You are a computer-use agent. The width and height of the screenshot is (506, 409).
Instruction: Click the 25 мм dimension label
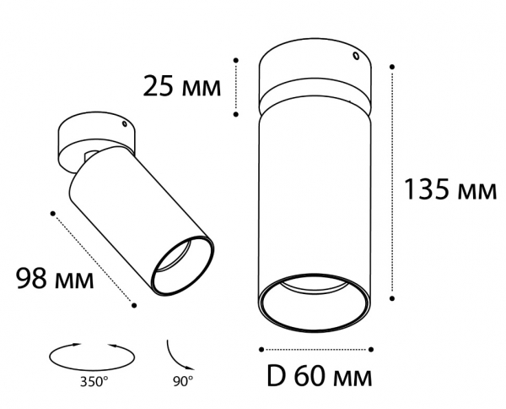click(x=181, y=86)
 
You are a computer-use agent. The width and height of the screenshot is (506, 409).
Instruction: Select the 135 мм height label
click(x=450, y=189)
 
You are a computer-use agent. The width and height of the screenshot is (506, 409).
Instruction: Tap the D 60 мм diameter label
click(x=319, y=376)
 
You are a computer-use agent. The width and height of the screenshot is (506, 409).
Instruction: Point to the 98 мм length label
click(x=55, y=278)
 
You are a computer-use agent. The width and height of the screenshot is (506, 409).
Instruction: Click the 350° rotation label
click(x=94, y=382)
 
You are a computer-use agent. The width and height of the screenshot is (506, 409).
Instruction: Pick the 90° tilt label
click(x=183, y=381)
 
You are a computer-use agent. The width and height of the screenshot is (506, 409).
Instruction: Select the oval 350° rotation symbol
click(x=92, y=357)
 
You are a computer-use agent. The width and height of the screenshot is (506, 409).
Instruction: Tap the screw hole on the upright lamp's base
click(x=356, y=57)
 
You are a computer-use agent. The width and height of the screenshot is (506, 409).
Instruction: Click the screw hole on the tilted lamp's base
click(x=124, y=123)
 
